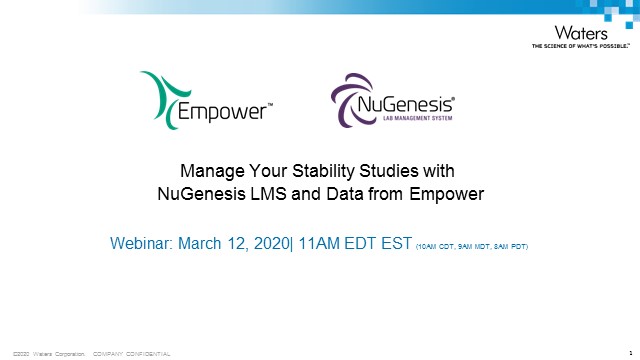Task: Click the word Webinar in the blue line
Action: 142,242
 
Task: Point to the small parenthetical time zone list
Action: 470,244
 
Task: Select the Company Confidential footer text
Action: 131,353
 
